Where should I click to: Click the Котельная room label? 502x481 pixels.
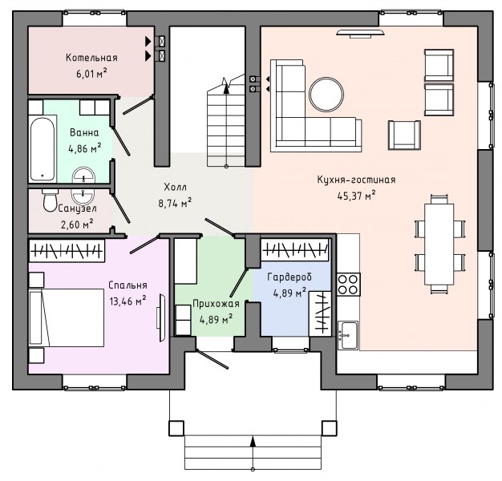pyautogui.click(x=91, y=58)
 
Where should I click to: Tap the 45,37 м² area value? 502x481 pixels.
pyautogui.click(x=356, y=196)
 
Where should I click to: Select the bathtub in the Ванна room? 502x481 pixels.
pyautogui.click(x=42, y=149)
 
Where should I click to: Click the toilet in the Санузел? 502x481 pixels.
pyautogui.click(x=50, y=200)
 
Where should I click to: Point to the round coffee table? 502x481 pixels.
pyautogui.click(x=326, y=95)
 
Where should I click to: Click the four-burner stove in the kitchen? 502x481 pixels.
pyautogui.click(x=348, y=284)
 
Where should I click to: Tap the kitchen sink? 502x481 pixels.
pyautogui.click(x=348, y=335)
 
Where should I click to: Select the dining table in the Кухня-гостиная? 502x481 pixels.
pyautogui.click(x=439, y=244)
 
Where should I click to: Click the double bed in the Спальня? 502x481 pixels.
pyautogui.click(x=67, y=317)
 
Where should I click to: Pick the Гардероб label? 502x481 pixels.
pyautogui.click(x=289, y=277)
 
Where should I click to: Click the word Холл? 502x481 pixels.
pyautogui.click(x=175, y=187)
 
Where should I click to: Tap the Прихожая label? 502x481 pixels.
pyautogui.click(x=216, y=303)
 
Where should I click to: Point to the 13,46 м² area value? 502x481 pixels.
pyautogui.click(x=128, y=301)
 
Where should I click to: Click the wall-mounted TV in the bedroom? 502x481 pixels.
pyautogui.click(x=161, y=317)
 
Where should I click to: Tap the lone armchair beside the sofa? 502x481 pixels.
pyautogui.click(x=404, y=135)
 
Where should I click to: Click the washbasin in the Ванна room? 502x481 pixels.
pyautogui.click(x=84, y=176)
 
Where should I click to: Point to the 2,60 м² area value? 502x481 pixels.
pyautogui.click(x=77, y=224)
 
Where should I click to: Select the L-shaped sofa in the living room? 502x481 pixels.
pyautogui.click(x=315, y=106)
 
